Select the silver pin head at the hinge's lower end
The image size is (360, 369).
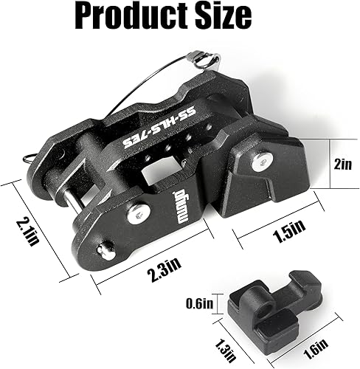coord(107,250)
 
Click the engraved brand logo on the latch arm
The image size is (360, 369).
coord(165,199)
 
